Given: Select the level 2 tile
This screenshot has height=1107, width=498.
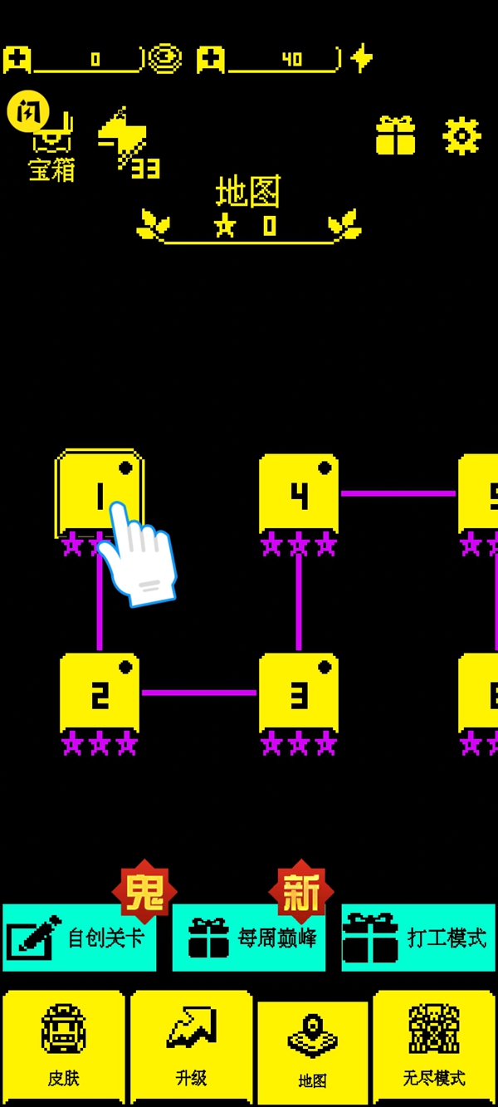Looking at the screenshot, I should click(100, 693).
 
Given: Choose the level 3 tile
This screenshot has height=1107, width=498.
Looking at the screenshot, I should click(299, 693).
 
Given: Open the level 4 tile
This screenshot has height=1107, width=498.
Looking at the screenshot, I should click(299, 493).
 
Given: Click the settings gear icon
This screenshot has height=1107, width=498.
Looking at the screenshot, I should click(461, 135).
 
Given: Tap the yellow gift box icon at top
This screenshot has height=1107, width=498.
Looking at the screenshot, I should click(395, 135).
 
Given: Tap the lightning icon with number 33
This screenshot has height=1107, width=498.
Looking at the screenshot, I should click(127, 141).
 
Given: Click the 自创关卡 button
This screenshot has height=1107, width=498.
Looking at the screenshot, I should click(80, 938).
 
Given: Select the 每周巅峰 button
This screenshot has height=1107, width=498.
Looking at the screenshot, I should click(249, 938).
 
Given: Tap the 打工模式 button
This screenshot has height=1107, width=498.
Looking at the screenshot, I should click(418, 938).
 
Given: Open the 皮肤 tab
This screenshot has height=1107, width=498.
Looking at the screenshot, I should click(64, 1046).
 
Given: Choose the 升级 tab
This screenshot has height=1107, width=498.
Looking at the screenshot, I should click(191, 1046).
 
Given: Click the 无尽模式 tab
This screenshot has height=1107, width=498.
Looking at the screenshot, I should click(434, 1046).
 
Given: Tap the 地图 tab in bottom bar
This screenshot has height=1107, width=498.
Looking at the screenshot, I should click(312, 1051).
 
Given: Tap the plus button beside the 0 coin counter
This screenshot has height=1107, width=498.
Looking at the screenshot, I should click(17, 59).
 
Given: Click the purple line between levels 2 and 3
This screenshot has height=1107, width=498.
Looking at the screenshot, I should click(199, 693).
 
